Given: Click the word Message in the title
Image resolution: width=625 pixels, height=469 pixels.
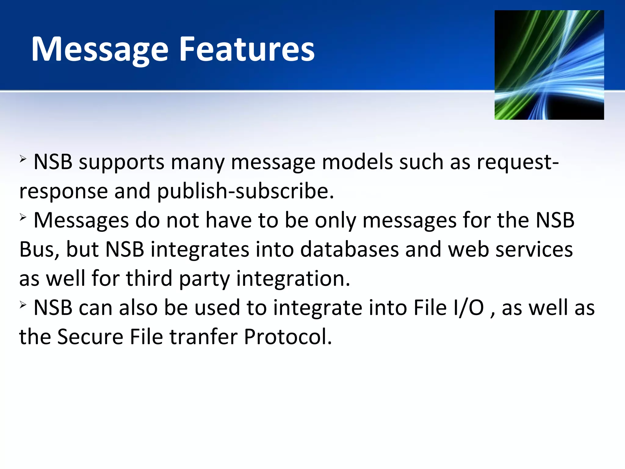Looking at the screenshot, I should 100,50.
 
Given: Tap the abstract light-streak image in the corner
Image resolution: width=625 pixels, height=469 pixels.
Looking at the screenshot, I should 549,65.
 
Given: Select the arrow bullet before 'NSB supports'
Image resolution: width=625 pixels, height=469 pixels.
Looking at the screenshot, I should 23,159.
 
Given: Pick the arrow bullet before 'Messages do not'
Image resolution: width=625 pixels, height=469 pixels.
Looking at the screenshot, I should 23,218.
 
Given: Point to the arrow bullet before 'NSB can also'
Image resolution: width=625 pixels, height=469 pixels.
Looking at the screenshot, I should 23,305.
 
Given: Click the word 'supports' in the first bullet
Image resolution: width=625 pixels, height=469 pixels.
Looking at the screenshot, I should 121,162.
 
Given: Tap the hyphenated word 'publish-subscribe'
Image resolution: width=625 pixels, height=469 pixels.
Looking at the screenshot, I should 245,191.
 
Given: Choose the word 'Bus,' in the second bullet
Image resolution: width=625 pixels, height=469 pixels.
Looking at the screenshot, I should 39,249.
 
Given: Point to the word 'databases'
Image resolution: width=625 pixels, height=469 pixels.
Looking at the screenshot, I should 349,249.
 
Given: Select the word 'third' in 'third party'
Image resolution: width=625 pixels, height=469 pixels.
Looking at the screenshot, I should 149,278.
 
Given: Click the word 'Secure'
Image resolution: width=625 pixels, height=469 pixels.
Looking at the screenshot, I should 90,337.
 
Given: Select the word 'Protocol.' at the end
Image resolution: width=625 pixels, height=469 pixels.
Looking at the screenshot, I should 288,337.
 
